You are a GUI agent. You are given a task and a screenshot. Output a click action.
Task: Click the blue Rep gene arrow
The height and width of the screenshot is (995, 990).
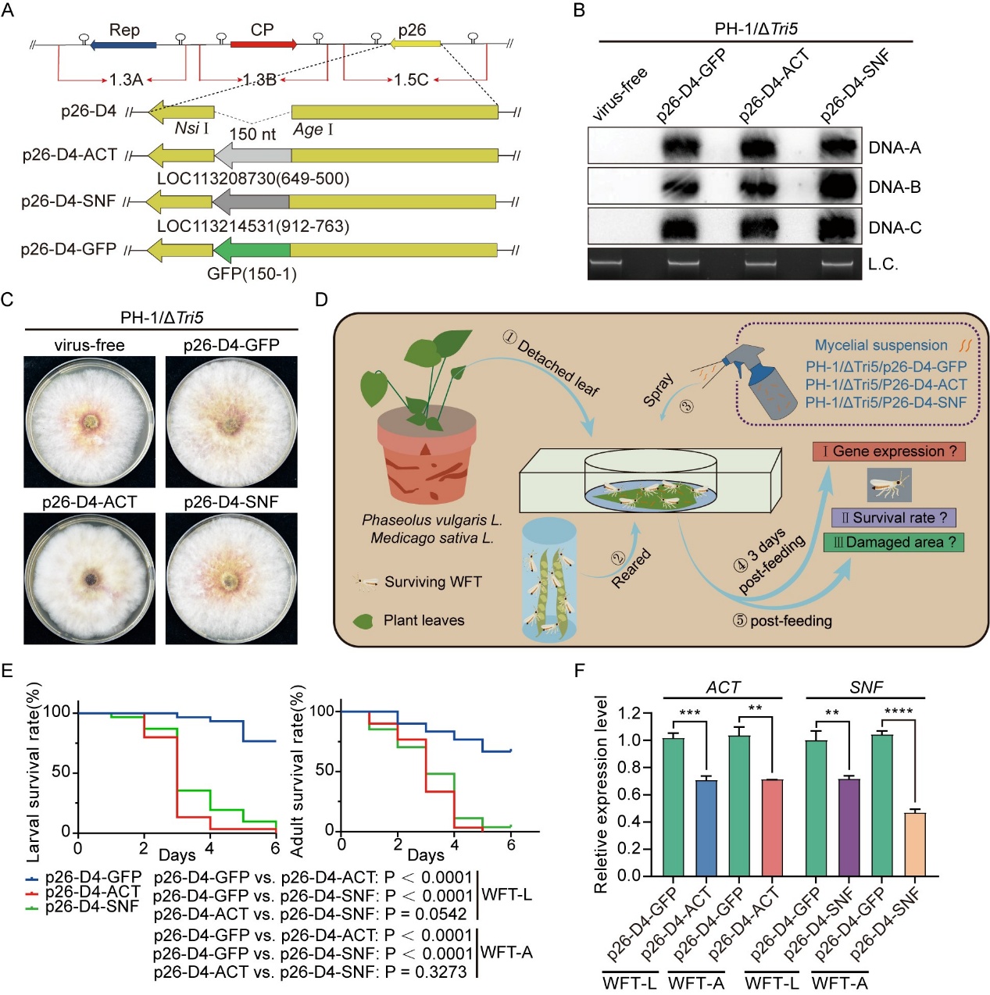point(123,45)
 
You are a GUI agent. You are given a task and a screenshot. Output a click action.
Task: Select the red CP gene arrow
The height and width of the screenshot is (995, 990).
point(263,45)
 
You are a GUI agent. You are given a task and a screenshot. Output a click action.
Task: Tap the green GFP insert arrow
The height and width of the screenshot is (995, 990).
point(252,250)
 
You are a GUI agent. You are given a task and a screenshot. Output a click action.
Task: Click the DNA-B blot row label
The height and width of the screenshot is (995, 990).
point(895,187)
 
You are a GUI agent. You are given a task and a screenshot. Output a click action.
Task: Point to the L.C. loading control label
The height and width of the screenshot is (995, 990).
point(883,264)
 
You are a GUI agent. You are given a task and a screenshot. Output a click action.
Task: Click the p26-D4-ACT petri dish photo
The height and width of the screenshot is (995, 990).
point(90,579)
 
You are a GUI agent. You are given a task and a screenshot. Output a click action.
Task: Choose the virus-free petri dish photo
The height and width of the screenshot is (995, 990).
point(90,422)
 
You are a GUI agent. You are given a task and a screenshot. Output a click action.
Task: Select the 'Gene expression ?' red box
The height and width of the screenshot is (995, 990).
point(888,451)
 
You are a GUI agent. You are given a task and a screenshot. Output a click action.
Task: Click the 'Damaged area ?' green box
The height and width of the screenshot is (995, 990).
point(893,542)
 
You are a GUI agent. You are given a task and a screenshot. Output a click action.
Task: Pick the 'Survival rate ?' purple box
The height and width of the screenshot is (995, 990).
point(893,518)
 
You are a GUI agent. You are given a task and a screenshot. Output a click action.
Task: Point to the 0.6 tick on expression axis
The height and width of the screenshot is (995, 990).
point(629,794)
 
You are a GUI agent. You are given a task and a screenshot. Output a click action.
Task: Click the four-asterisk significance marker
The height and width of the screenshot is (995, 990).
point(898,712)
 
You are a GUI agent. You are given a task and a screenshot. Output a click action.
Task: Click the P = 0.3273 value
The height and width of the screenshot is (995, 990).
point(426,972)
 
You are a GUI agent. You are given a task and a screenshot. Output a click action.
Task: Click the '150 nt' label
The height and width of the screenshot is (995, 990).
point(252,134)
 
